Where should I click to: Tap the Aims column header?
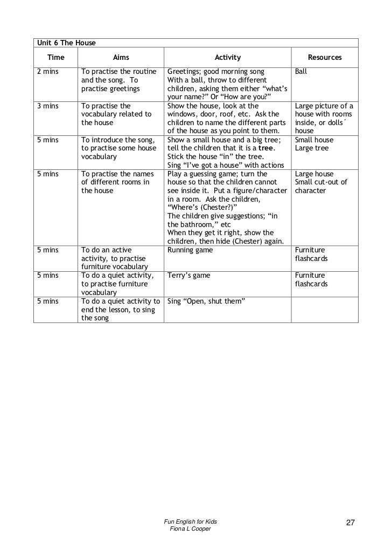121,57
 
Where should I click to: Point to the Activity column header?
228,57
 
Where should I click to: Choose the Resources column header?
325,57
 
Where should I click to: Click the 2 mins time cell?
47,71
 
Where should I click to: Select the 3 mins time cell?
47,106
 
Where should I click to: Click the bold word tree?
267,148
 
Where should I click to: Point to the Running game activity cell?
190,250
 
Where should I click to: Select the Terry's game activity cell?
189,276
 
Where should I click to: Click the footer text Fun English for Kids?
194,522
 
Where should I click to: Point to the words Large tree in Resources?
311,148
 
